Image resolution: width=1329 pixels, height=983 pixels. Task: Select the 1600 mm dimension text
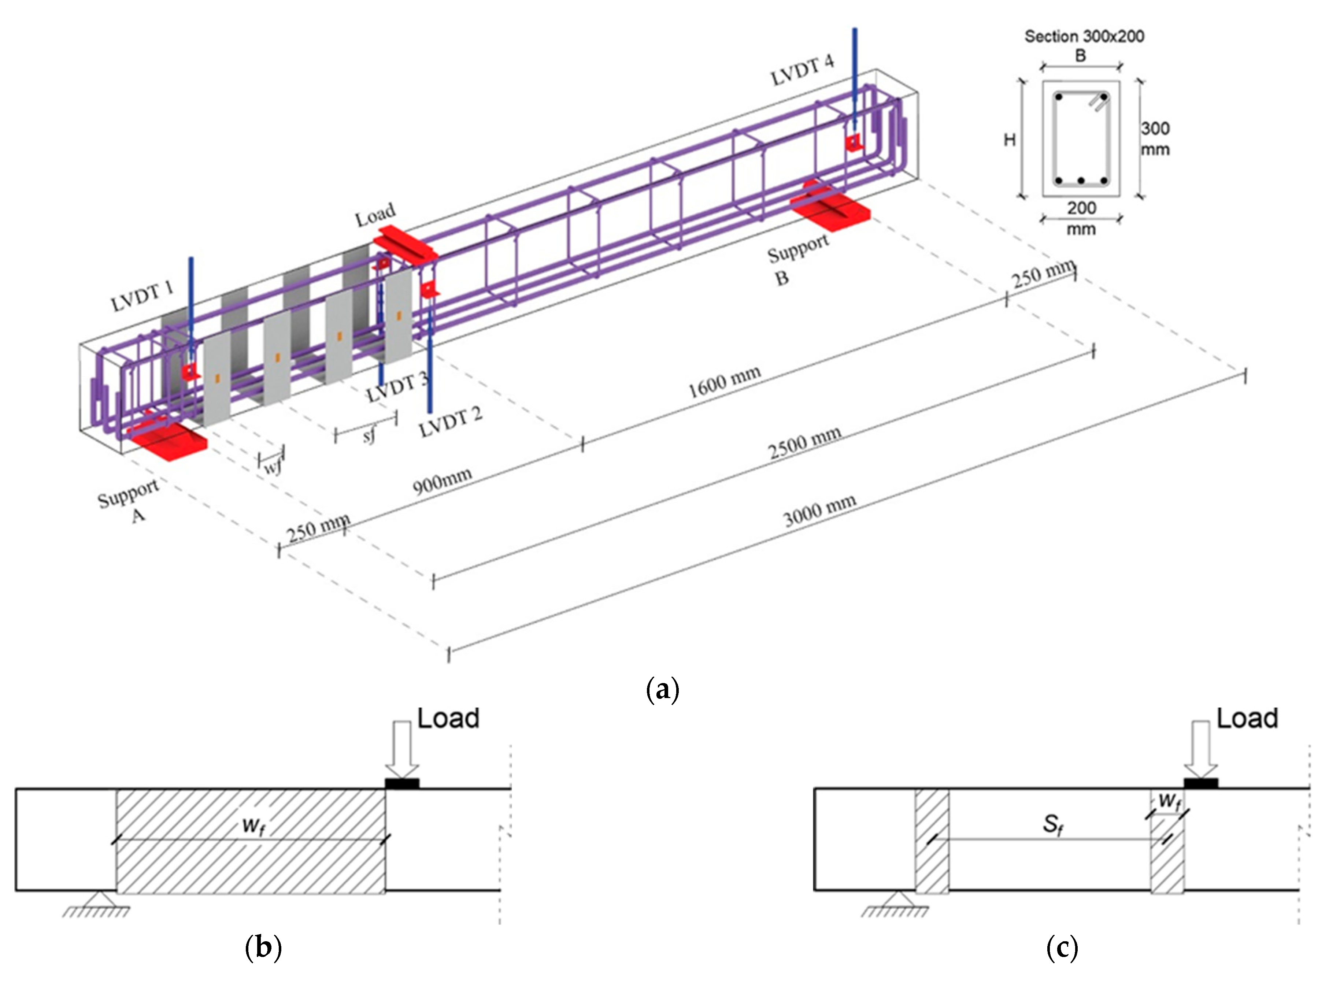point(724,381)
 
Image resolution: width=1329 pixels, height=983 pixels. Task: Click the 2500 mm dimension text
point(805,443)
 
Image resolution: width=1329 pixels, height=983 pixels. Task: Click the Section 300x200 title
point(1084,36)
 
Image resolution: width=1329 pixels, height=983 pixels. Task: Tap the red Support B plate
point(830,206)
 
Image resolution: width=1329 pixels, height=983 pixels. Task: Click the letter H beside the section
point(1010,140)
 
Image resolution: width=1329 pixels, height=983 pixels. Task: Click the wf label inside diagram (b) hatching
point(253,826)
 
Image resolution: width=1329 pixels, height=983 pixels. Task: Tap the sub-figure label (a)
point(662,690)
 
